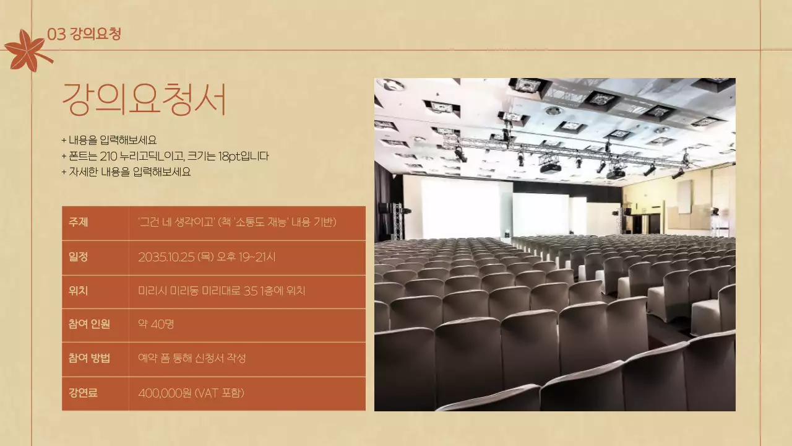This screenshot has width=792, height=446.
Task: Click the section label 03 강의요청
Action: [84, 34]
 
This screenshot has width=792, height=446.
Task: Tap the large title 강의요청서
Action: [144, 100]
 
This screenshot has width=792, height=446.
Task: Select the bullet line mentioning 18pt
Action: [165, 156]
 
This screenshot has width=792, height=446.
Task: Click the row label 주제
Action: [79, 222]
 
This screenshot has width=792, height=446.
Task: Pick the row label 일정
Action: [79, 257]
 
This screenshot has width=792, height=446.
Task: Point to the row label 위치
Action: [79, 291]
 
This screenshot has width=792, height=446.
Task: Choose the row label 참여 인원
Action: [90, 324]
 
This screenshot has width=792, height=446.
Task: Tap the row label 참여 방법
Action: [90, 358]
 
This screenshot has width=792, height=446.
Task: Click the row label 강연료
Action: [84, 393]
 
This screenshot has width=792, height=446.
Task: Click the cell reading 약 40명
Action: [157, 324]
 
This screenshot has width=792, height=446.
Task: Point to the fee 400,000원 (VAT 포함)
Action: [191, 393]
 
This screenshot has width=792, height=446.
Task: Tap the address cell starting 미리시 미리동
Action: [222, 291]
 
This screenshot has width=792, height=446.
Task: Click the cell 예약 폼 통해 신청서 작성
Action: [192, 358]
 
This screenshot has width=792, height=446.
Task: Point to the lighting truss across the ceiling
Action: [563, 152]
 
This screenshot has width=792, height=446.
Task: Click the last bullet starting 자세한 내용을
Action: [126, 172]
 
